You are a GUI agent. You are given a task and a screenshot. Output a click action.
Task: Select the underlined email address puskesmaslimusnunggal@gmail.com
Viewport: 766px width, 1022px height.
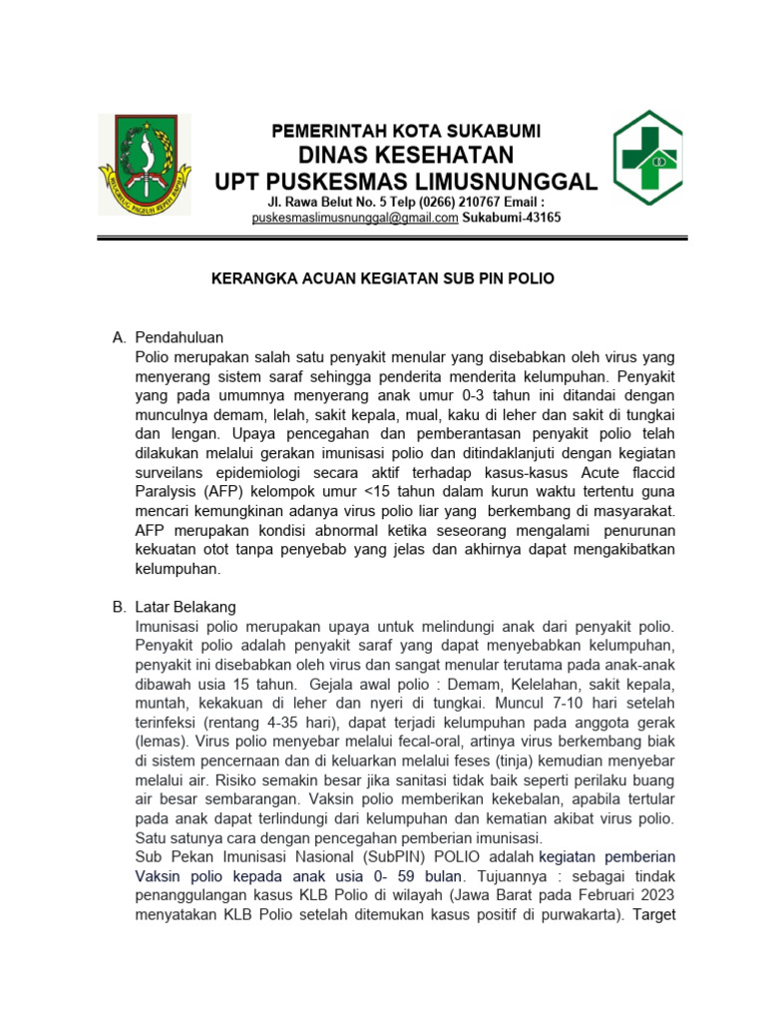point(355,218)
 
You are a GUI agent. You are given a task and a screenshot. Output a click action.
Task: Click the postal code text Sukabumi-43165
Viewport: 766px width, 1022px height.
point(512,218)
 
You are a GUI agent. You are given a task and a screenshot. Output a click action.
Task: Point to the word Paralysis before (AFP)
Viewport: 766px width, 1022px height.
point(168,492)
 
